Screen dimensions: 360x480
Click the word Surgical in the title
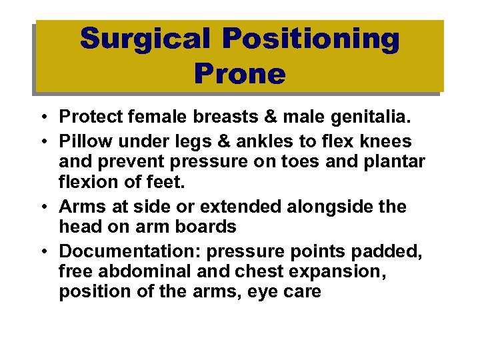click(x=147, y=39)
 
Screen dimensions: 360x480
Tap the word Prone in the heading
click(x=239, y=74)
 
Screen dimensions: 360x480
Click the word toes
click(x=303, y=161)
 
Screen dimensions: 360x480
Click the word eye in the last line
click(x=251, y=292)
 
